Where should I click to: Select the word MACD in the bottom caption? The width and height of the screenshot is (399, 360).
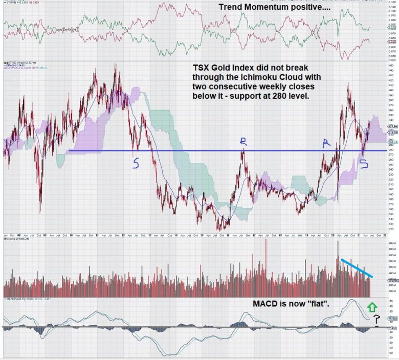click(265, 303)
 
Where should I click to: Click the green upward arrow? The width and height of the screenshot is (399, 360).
click(372, 307)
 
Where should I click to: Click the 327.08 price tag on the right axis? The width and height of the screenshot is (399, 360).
click(391, 127)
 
